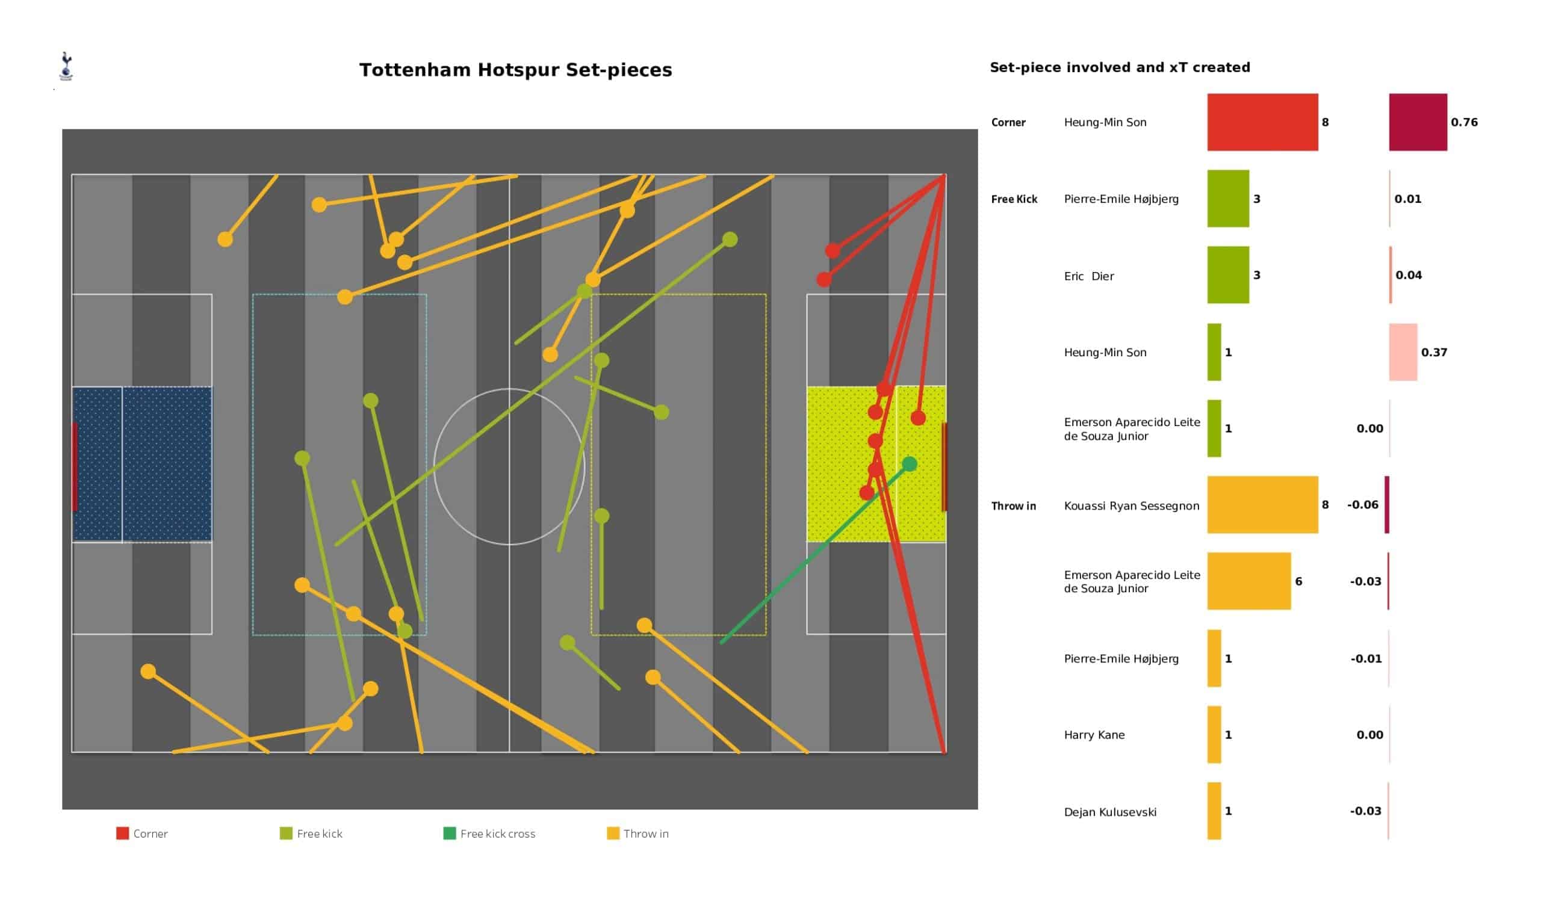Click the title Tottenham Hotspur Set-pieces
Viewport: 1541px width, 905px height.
coord(515,70)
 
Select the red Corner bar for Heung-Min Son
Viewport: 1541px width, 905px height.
coord(1262,122)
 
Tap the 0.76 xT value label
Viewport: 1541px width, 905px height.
coord(1464,122)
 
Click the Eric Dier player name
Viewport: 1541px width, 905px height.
coord(1088,276)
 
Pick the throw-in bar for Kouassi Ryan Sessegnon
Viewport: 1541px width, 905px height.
coord(1262,505)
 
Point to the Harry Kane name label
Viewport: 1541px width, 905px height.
coord(1094,735)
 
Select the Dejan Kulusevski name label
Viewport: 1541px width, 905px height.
coord(1110,812)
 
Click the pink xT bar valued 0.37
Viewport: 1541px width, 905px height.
coord(1403,352)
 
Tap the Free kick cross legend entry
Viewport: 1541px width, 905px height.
coord(489,833)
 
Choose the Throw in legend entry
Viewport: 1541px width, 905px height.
coord(638,833)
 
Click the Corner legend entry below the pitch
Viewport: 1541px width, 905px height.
coord(142,833)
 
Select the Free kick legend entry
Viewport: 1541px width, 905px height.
coord(311,833)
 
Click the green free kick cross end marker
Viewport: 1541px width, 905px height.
coord(910,464)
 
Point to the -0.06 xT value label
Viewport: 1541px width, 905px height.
coord(1362,505)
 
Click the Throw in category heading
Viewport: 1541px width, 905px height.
coord(1013,506)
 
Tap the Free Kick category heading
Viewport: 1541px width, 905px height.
coord(1014,199)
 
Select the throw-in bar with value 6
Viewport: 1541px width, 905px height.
coord(1248,581)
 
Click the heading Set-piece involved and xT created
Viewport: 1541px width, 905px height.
coord(1120,67)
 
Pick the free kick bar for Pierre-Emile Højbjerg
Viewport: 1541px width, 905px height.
coord(1228,199)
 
